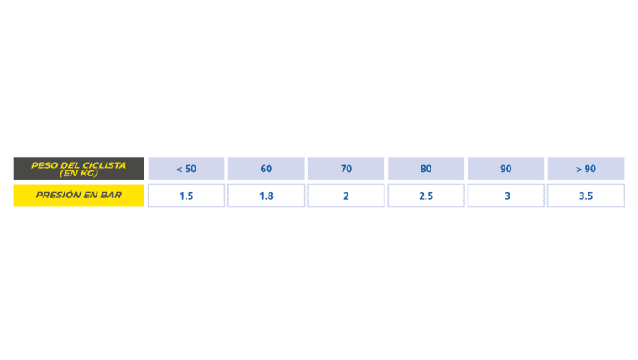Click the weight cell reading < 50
186,169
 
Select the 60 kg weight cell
266,169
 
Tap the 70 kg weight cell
346,169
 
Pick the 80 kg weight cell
426,169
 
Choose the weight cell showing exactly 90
505,169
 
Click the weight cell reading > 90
586,169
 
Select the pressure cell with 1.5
186,196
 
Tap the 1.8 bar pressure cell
266,196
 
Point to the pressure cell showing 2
346,196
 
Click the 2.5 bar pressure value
426,196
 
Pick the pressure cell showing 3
505,196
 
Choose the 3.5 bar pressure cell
586,196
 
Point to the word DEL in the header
71,165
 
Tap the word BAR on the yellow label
111,195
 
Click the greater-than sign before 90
579,169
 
